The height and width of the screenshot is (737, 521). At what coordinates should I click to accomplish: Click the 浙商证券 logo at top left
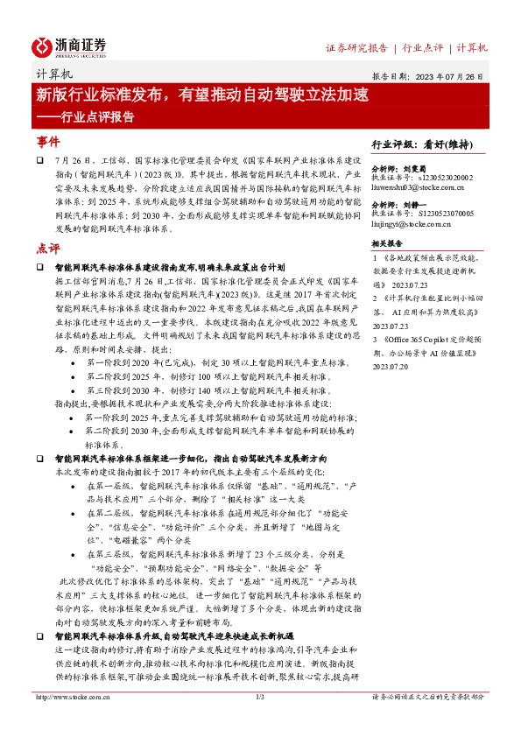(69, 46)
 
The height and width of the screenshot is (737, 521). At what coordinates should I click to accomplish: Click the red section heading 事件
(49, 141)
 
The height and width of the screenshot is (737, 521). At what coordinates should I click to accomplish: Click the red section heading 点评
(49, 247)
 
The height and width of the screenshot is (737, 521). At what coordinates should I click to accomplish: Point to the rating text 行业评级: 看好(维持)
(429, 144)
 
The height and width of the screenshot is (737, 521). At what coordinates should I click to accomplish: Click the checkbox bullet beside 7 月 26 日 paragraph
(40, 162)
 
